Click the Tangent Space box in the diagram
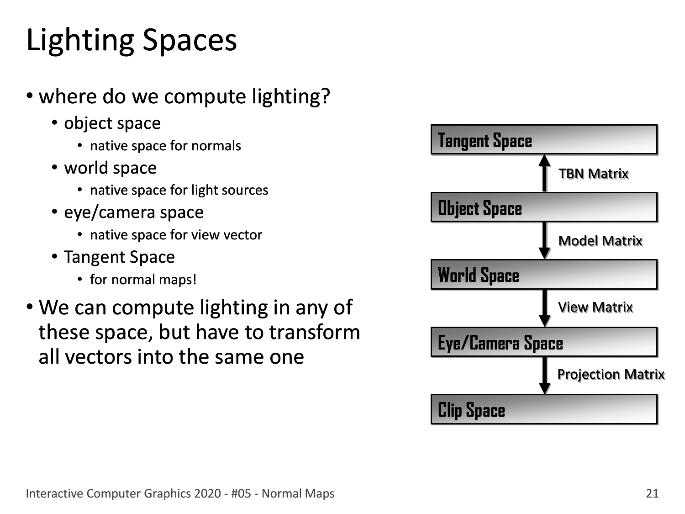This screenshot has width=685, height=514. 544,139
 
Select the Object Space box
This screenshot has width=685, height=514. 544,207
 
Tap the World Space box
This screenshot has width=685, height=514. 544,275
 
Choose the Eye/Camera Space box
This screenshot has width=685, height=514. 544,342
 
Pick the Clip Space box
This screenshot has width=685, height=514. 544,409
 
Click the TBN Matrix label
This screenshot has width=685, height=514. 593,174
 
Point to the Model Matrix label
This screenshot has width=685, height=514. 600,241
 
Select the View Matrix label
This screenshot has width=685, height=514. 595,307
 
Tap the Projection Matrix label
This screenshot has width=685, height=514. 611,375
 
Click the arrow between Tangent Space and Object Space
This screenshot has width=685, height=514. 544,173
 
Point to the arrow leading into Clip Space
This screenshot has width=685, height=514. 544,376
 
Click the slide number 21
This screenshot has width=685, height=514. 652,493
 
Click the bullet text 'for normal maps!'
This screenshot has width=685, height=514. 143,279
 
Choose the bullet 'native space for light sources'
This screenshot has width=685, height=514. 179,190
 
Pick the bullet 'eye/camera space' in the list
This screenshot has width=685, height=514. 134,213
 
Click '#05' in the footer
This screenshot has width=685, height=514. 241,493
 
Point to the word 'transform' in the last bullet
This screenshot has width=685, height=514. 314,332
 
